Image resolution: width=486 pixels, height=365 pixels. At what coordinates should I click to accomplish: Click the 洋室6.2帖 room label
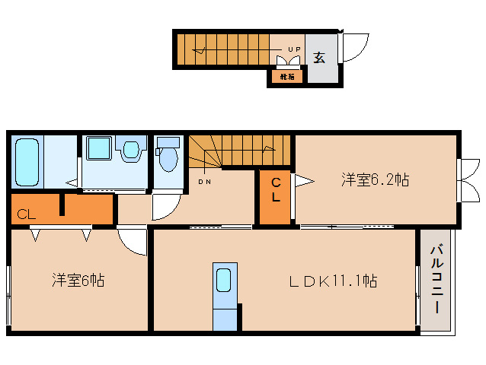pos(375,180)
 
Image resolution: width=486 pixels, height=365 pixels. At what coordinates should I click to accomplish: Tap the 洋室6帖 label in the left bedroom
pos(78,280)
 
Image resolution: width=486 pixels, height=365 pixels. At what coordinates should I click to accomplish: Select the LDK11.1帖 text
pos(332,280)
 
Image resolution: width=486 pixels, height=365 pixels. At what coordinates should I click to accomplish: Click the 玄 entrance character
pos(320,57)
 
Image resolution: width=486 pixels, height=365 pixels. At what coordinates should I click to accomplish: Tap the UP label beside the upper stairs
pos(293,50)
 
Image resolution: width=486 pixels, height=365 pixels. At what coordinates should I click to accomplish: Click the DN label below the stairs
pos(205,182)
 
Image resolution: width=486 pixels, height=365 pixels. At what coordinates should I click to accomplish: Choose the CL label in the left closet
pos(26,214)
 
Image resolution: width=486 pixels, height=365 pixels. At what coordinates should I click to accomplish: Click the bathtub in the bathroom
pos(27,161)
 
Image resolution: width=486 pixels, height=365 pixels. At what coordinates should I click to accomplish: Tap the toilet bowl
pos(168,158)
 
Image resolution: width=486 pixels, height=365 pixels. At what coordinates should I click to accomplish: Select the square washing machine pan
pos(98,148)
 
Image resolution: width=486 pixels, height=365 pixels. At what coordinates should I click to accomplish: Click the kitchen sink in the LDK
pos(225,281)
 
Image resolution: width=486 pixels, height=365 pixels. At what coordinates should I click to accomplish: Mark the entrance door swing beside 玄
pos(352,50)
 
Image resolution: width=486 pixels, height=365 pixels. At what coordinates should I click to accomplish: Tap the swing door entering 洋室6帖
pos(133,241)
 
